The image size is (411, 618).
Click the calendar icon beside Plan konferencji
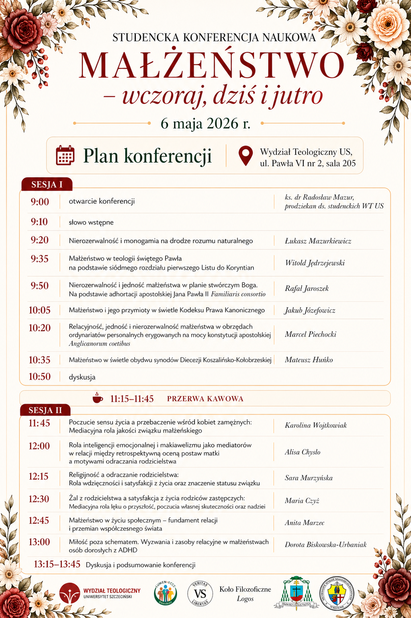(x=65, y=156)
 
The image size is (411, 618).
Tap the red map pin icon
(x=245, y=156)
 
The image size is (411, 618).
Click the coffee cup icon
(x=98, y=398)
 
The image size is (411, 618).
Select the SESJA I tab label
(x=47, y=185)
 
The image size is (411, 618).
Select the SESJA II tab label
(x=45, y=410)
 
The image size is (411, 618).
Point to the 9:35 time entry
(x=39, y=259)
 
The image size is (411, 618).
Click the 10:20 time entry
(x=39, y=328)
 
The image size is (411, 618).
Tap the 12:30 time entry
(x=39, y=499)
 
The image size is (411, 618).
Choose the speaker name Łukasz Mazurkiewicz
(x=318, y=241)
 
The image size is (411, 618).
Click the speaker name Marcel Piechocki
(x=310, y=334)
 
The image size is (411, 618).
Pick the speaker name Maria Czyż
(x=302, y=501)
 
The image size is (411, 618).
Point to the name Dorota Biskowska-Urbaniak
(x=325, y=544)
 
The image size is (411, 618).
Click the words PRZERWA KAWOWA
(x=205, y=399)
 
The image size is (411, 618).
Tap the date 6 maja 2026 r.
(x=205, y=123)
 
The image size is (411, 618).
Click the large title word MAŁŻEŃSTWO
(x=211, y=65)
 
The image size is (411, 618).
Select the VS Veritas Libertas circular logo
(x=200, y=593)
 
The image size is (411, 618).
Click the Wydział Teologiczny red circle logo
(x=70, y=593)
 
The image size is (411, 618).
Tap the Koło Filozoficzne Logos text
(x=245, y=593)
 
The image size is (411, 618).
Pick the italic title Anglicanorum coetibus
(x=99, y=344)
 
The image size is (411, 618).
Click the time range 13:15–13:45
(x=57, y=564)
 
